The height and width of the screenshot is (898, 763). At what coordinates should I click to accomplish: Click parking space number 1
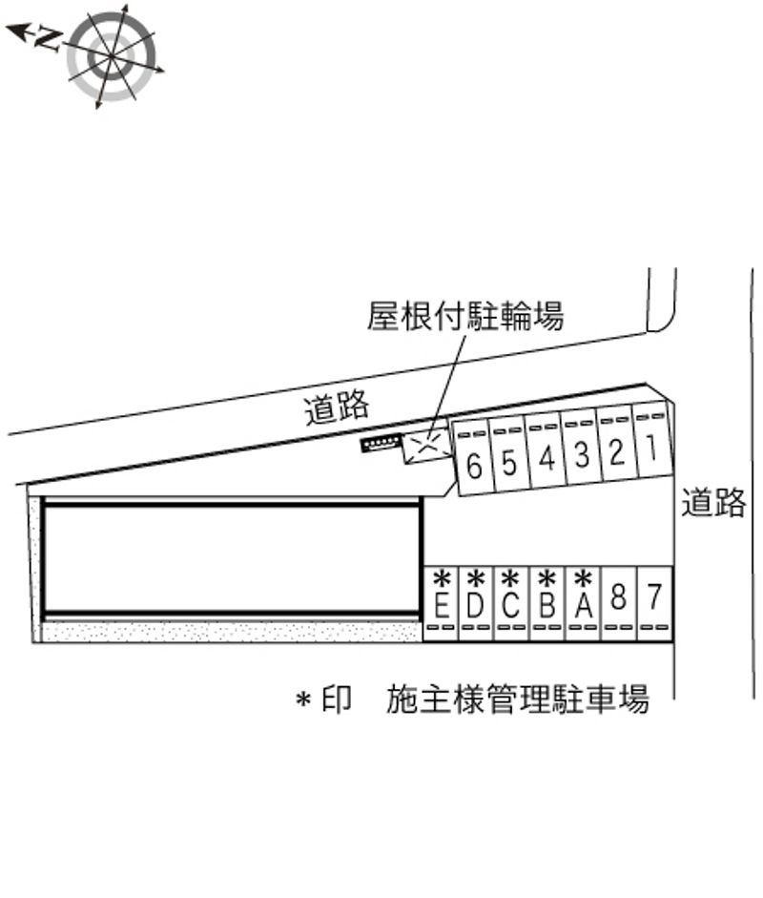tap(652, 440)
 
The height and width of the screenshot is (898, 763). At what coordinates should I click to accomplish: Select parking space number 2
tap(617, 445)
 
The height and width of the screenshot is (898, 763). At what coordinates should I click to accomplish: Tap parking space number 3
tap(582, 449)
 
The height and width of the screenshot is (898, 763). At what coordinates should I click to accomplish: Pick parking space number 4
tap(546, 453)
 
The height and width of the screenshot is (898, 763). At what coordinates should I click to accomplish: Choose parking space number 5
tap(510, 458)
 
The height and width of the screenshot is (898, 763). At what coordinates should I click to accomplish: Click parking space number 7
tap(654, 604)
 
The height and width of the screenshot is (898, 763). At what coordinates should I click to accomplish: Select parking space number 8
tap(619, 604)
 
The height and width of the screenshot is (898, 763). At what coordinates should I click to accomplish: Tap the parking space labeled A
tap(584, 604)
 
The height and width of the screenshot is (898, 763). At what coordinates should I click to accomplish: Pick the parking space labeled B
tap(547, 604)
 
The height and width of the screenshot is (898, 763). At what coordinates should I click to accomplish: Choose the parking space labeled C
tap(512, 604)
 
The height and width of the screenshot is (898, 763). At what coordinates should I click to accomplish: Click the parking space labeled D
tap(476, 604)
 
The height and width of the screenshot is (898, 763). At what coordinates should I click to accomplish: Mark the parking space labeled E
tap(441, 604)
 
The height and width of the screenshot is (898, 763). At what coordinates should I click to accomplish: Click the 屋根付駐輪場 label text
tap(465, 316)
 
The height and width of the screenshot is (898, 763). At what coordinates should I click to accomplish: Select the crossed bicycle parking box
tap(427, 446)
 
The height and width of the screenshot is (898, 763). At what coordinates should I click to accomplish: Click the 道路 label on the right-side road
tap(713, 502)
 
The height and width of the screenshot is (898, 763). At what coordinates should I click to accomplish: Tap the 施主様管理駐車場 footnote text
tap(518, 699)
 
